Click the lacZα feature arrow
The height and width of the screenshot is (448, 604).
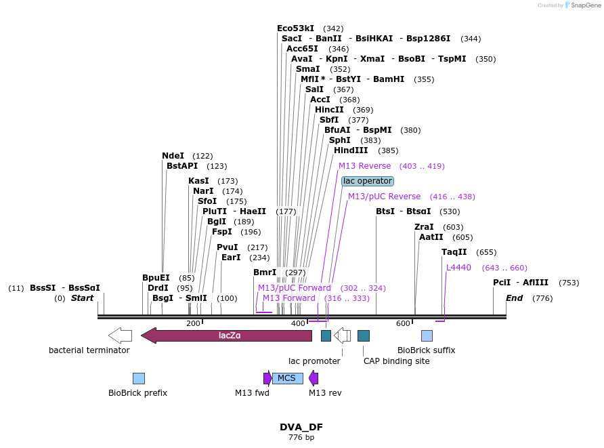[226, 335]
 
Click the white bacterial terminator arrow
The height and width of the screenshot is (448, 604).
[120, 335]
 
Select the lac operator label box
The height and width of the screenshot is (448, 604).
[368, 181]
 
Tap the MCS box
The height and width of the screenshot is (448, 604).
[287, 378]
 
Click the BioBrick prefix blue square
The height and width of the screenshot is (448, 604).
[138, 378]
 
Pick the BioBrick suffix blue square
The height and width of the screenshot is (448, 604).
[427, 335]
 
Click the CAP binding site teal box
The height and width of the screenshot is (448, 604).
[364, 335]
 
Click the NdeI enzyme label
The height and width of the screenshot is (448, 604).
[173, 156]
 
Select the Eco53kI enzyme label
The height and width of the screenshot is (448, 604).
[296, 28]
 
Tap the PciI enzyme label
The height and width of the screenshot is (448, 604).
[502, 283]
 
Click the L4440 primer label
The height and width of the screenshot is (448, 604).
[458, 268]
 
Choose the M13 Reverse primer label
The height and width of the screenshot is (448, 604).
[365, 166]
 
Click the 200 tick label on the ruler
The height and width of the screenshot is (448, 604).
[193, 324]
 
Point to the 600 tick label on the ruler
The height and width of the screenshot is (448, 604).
[403, 324]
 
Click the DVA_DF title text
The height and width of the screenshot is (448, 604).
[301, 427]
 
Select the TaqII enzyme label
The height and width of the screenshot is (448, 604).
[454, 252]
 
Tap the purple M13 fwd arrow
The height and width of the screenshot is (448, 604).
[267, 378]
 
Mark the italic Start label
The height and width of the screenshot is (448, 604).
[82, 298]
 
